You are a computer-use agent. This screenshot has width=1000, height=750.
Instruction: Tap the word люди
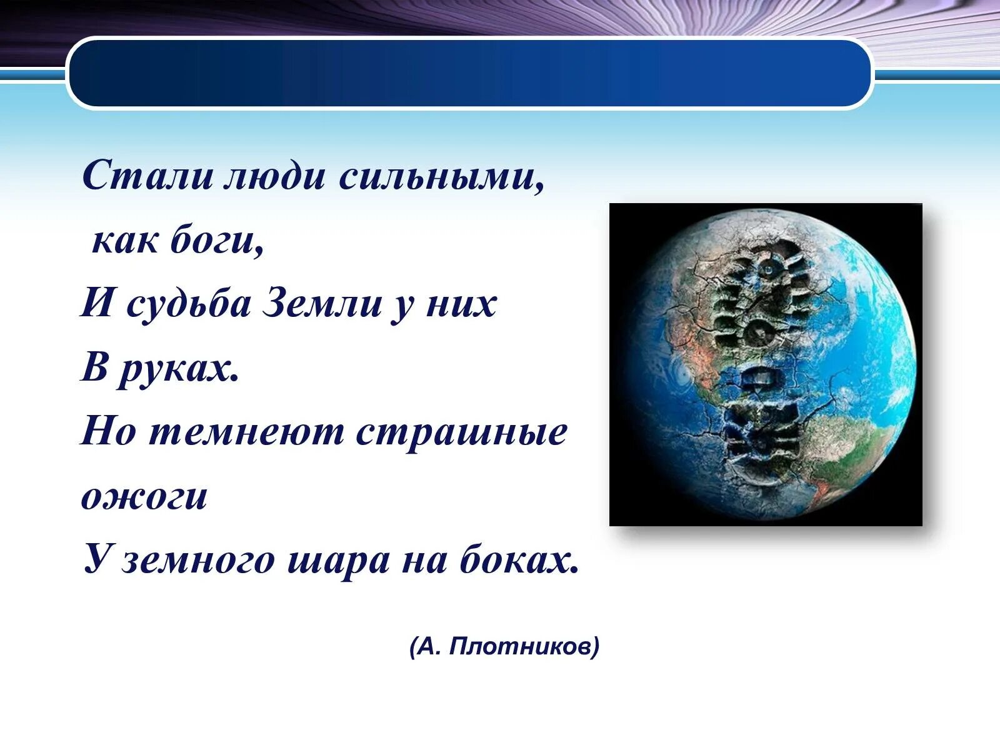pos(275,176)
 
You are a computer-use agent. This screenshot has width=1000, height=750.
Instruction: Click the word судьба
pos(188,304)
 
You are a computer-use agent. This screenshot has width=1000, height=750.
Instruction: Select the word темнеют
pos(247,432)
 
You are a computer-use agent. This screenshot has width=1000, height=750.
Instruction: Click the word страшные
pos(461,434)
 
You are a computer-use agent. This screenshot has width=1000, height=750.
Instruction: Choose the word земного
pos(199,561)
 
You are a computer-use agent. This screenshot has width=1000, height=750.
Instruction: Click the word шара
pos(339,562)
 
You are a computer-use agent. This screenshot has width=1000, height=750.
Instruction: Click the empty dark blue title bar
pos(470,73)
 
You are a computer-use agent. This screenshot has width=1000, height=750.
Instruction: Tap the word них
pos(461,304)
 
